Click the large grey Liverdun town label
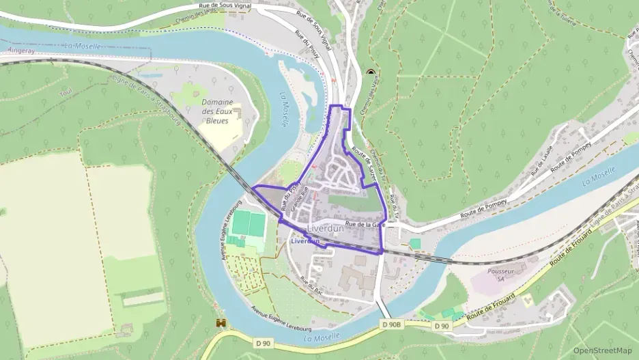(x=326, y=228)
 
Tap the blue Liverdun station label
(x=304, y=241)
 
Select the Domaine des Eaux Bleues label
(x=217, y=111)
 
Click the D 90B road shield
(x=392, y=325)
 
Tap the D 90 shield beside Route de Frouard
(x=442, y=326)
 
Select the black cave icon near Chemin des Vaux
(x=371, y=72)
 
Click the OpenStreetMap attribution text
(x=602, y=350)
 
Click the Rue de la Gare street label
(x=365, y=224)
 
